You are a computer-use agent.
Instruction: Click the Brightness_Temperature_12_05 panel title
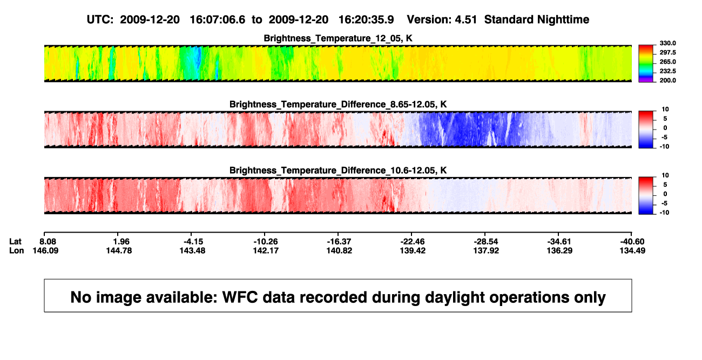tap(338, 38)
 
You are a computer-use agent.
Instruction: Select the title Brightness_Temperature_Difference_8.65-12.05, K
tap(338, 104)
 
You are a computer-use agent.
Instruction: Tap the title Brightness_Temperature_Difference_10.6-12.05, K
tap(338, 171)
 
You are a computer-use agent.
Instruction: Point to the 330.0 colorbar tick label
tap(667, 43)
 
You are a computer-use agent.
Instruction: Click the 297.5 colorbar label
tap(667, 52)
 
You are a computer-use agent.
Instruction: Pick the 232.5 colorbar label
tap(667, 71)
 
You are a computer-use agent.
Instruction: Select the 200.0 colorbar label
tap(667, 80)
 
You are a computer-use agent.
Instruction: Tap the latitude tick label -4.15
tap(192, 242)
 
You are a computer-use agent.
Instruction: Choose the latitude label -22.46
tap(412, 242)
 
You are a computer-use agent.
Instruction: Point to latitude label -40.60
tap(632, 242)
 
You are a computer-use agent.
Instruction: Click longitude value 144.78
tap(119, 250)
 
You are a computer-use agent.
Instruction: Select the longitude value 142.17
tap(266, 250)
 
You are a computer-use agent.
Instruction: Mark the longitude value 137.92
tap(486, 250)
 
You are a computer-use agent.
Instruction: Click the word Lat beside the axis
tap(15, 242)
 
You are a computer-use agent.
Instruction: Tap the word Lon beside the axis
tap(17, 250)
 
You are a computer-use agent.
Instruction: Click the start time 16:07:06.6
tap(218, 20)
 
